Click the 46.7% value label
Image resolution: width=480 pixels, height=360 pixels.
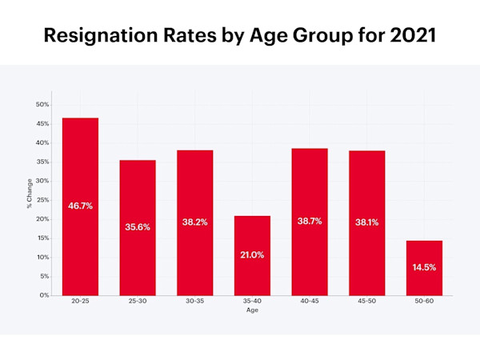[80, 206]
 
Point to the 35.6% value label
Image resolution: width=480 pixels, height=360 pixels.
[138, 226]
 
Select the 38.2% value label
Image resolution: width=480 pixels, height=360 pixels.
[194, 222]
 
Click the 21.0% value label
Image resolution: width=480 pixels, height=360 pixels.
[252, 254]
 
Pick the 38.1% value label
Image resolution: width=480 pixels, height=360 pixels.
[366, 222]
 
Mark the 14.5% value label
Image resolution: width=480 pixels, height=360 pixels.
[424, 267]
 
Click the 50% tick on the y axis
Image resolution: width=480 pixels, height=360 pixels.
[42, 105]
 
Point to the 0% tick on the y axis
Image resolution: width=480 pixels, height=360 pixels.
[44, 295]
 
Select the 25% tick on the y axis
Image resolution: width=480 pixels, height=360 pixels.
[42, 200]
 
